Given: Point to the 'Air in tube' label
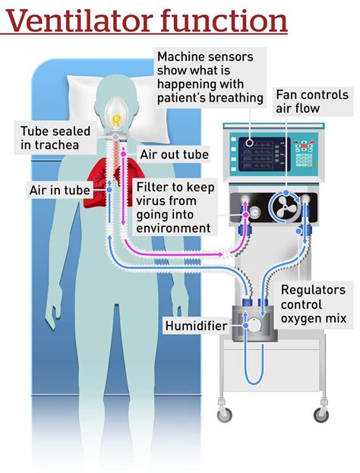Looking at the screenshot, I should pyautogui.click(x=59, y=190).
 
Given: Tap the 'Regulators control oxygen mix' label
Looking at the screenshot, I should pyautogui.click(x=313, y=304).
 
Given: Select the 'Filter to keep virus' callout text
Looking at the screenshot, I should pyautogui.click(x=174, y=207).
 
